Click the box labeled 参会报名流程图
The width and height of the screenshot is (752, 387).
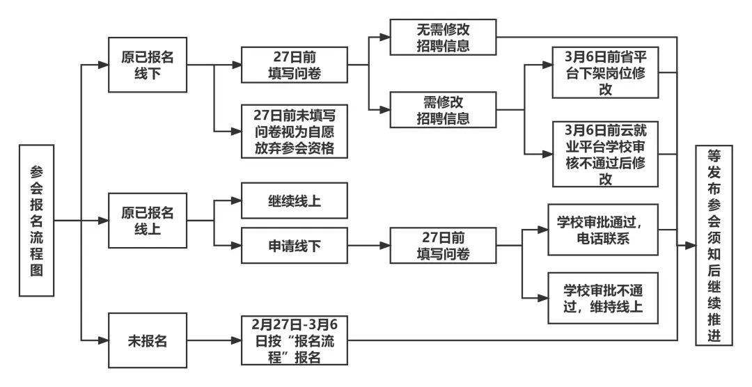[37, 221]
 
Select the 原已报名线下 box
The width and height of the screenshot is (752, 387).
[147, 65]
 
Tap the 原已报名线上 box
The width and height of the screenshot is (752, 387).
[147, 221]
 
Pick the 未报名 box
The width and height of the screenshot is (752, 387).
[147, 340]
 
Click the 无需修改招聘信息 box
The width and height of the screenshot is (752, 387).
[443, 37]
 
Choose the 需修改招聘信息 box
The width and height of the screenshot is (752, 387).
[443, 109]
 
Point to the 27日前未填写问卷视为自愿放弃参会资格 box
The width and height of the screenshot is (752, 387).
[293, 131]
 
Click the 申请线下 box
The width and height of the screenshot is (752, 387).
[293, 245]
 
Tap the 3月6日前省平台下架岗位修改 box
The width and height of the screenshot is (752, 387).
[605, 72]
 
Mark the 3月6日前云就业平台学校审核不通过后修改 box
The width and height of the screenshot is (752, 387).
[605, 153]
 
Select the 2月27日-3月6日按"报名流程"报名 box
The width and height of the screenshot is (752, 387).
[293, 340]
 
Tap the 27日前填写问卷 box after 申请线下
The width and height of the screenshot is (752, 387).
[443, 245]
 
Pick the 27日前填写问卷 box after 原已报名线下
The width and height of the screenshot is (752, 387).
[293, 65]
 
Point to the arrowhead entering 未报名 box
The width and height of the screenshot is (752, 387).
[103, 340]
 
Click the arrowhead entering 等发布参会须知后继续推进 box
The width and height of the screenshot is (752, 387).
[691, 245]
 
